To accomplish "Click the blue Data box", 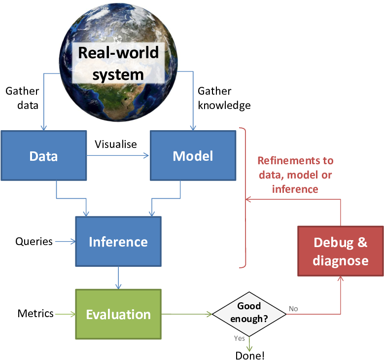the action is click(x=43, y=156).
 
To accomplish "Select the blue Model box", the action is click(x=193, y=156).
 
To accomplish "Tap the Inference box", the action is click(x=118, y=241).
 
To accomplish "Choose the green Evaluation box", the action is click(x=118, y=314).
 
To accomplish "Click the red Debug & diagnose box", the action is click(x=341, y=251).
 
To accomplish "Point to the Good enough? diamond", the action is click(x=249, y=314).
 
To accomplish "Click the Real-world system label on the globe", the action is click(x=118, y=63).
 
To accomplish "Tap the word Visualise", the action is click(x=115, y=144).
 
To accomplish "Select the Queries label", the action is click(x=34, y=242).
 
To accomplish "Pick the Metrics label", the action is click(x=35, y=314).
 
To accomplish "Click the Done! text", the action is click(x=250, y=356).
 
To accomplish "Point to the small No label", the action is click(x=293, y=309).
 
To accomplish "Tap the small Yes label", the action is click(x=239, y=338).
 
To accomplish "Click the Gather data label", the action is click(x=22, y=98).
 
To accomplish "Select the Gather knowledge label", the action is click(x=224, y=98).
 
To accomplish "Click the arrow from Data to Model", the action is click(x=118, y=156).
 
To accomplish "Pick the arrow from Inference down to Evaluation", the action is click(x=118, y=278).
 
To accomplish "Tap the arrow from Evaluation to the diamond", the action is click(x=187, y=314).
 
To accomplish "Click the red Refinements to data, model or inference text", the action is click(x=295, y=175).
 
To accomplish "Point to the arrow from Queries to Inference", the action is click(x=66, y=241).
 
